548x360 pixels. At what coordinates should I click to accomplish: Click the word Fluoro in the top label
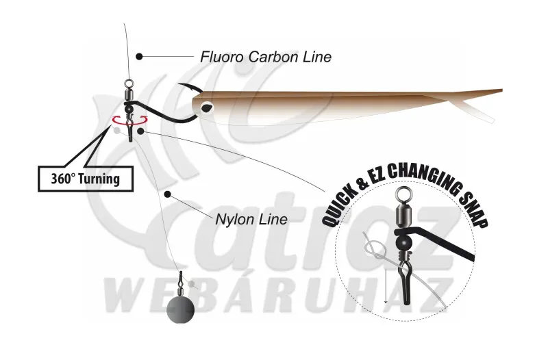pyautogui.click(x=221, y=57)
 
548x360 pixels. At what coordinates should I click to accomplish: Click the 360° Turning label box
pyautogui.click(x=86, y=179)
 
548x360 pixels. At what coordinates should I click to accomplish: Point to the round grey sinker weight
pyautogui.click(x=180, y=310)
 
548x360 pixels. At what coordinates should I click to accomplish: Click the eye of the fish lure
pyautogui.click(x=207, y=107)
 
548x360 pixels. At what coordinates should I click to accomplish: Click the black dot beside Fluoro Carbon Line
pyautogui.click(x=140, y=56)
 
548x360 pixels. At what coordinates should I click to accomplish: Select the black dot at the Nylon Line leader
pyautogui.click(x=168, y=194)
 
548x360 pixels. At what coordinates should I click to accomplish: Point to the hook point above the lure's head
pyautogui.click(x=179, y=85)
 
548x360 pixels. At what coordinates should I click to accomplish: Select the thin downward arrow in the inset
pyautogui.click(x=386, y=286)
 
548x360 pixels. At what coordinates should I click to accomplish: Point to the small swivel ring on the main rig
pyautogui.click(x=129, y=83)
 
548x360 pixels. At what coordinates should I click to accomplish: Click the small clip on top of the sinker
pyautogui.click(x=181, y=279)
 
